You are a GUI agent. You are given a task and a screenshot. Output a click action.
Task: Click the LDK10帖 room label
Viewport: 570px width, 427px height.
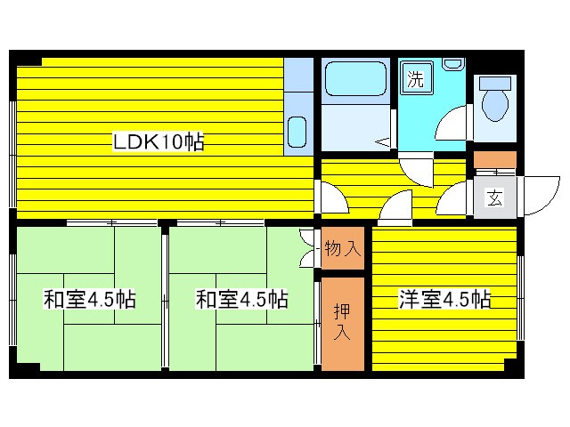click(x=158, y=141)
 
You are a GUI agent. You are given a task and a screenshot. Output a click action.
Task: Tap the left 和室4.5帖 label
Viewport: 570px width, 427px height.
click(x=89, y=300)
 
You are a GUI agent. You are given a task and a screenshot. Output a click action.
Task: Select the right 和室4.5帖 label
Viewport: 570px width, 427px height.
click(x=241, y=300)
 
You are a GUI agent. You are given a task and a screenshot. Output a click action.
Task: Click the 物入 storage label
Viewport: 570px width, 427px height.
click(x=342, y=248)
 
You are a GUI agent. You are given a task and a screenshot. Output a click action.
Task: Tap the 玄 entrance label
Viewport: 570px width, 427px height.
click(x=493, y=197)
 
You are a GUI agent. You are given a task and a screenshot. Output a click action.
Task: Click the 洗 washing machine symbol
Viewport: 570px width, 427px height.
click(x=415, y=78)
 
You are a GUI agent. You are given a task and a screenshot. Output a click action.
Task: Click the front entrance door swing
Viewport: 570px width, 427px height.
click(x=538, y=194)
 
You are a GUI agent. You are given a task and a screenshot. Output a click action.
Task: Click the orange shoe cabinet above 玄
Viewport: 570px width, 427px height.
click(x=493, y=162)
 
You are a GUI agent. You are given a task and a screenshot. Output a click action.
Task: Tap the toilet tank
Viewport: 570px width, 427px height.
click(x=493, y=81)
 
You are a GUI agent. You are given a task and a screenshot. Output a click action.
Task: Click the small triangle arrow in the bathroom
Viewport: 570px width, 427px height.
click(x=383, y=141)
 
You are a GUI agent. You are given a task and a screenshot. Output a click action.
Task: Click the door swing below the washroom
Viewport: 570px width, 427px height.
click(x=415, y=171)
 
